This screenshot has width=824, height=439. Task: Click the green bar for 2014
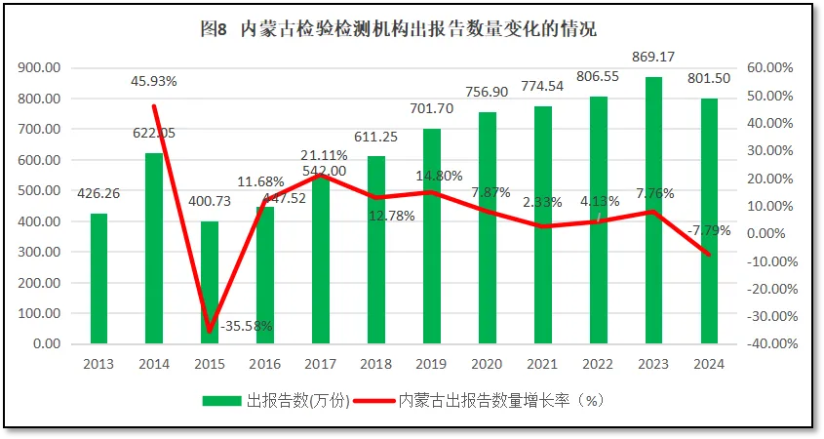(x=154, y=249)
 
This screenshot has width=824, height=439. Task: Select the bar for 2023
(x=654, y=210)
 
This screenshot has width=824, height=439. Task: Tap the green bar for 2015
(x=210, y=283)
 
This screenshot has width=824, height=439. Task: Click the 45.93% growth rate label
(x=154, y=81)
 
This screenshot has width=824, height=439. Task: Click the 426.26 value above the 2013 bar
(x=98, y=192)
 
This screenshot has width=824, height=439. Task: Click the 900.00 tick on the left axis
(x=38, y=68)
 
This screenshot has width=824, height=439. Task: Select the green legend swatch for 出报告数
(x=222, y=401)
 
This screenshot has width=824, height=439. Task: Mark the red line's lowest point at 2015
(x=210, y=332)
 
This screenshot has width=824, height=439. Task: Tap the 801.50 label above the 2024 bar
(x=710, y=78)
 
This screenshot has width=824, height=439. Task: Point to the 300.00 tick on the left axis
(x=38, y=253)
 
